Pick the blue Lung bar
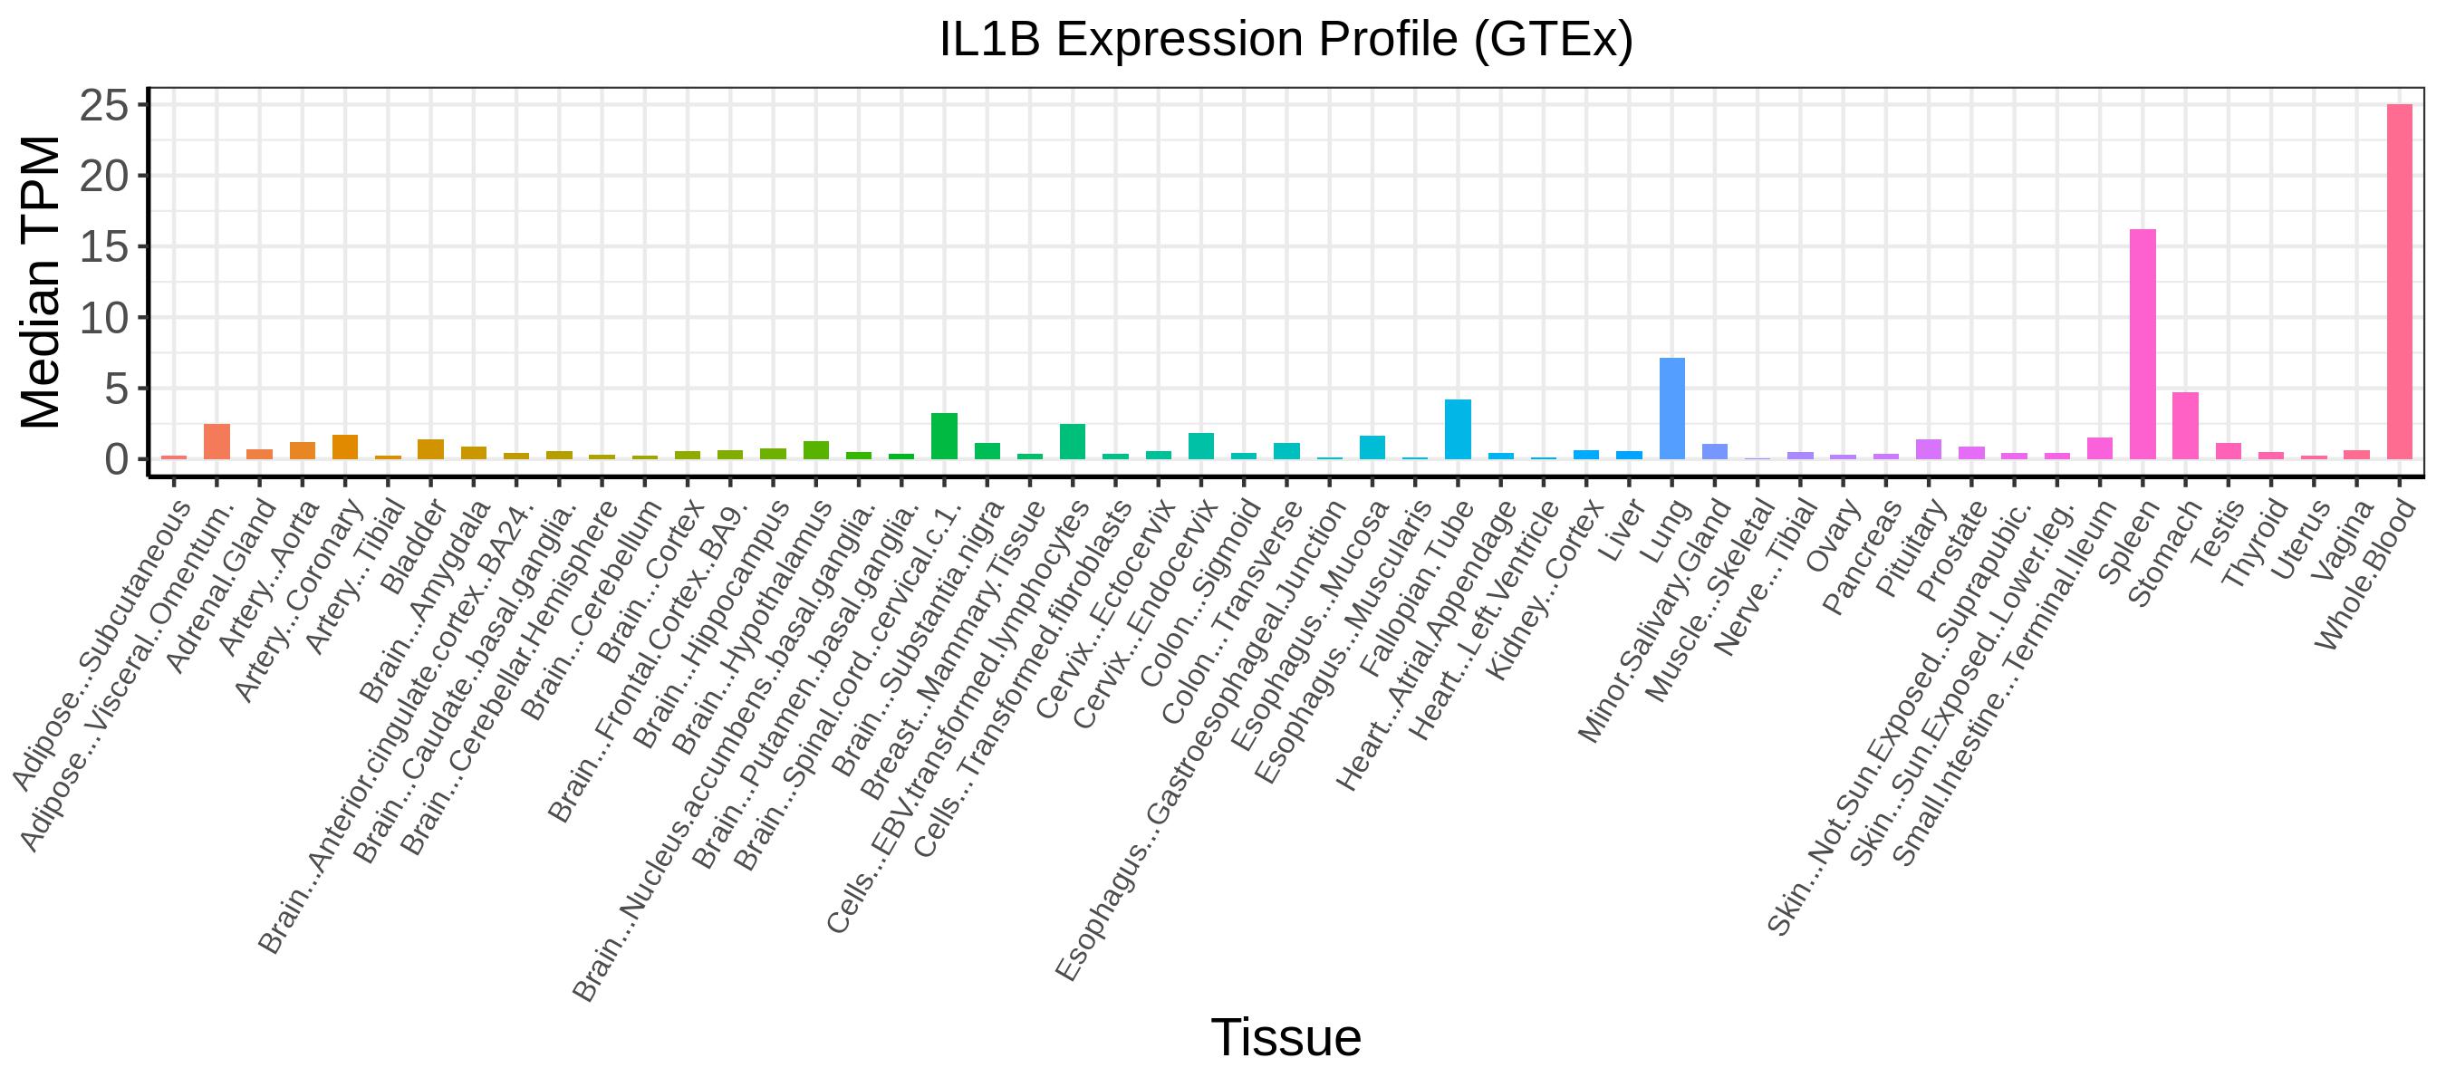[x=1672, y=409]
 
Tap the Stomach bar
[x=2185, y=427]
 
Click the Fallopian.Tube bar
[x=1458, y=429]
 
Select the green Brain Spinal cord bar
[x=944, y=436]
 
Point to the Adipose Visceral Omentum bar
[x=217, y=441]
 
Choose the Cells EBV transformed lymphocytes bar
[x=1072, y=441]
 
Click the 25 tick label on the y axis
[x=103, y=105]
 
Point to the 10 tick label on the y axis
[x=103, y=318]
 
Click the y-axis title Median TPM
[x=40, y=282]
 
